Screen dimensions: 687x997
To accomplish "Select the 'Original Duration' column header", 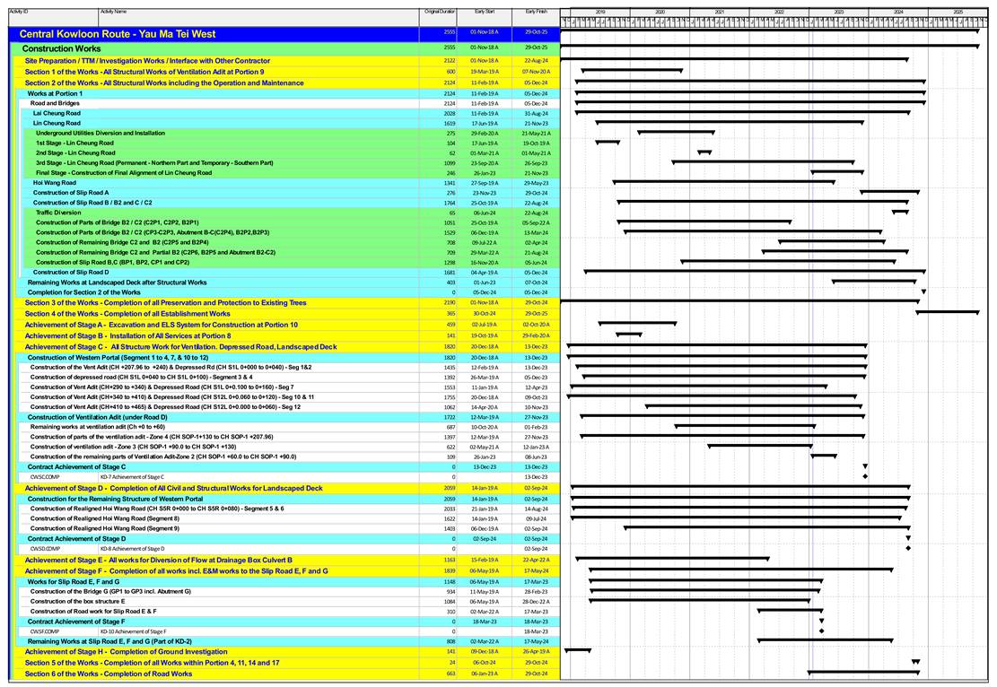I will point(440,12).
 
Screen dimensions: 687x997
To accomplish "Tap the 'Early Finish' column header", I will point(536,12).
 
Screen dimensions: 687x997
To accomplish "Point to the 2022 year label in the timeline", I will point(779,12).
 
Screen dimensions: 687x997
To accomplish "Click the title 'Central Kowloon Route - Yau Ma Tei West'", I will point(118,34).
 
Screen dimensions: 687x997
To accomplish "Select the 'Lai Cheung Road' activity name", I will point(57,113).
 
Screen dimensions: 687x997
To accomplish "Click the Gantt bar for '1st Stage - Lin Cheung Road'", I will point(608,142).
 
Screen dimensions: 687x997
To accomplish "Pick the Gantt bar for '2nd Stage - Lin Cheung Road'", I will point(704,152).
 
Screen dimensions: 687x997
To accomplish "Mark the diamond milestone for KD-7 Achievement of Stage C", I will point(865,476).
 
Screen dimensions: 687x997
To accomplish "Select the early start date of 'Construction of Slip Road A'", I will point(485,193).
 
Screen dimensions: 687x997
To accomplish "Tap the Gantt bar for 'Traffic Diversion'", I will point(900,212).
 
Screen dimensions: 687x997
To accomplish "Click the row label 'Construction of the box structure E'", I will point(78,601).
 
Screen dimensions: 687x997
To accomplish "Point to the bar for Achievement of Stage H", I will point(577,651).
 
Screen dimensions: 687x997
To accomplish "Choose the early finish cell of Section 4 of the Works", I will point(536,314).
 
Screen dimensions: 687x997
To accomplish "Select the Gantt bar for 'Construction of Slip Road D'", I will point(754,271).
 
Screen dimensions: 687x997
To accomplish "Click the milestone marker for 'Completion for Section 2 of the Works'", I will point(923,292).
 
